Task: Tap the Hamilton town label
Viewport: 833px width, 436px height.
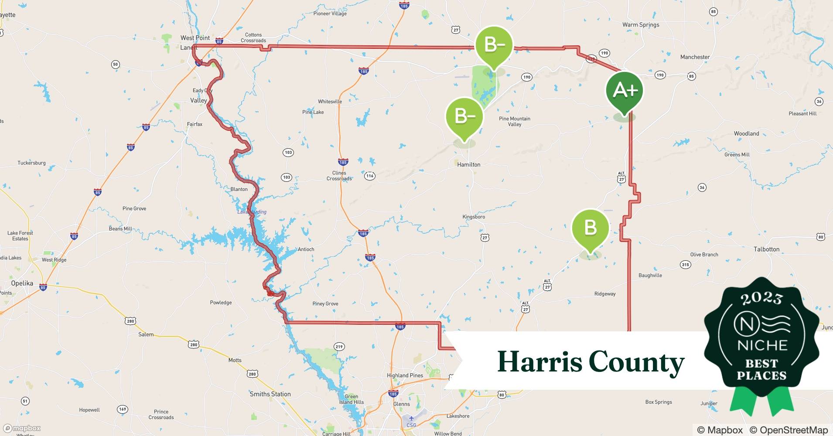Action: (468, 165)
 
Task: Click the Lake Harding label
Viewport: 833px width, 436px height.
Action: (252, 212)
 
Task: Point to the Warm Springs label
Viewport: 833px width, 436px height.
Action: (640, 25)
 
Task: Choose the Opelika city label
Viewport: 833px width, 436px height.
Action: (22, 283)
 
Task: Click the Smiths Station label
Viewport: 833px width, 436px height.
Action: (270, 394)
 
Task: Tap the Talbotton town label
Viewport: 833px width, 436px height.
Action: (766, 249)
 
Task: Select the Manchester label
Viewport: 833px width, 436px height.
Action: (695, 57)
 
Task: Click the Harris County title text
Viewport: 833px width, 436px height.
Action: (591, 362)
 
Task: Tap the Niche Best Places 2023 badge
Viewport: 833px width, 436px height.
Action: (761, 340)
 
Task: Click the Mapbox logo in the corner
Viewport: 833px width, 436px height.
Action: (22, 428)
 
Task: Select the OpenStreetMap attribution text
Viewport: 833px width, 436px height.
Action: (789, 430)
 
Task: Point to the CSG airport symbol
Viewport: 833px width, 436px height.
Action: (411, 419)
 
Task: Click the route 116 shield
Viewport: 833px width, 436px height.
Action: (370, 176)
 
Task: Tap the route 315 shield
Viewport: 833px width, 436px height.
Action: (685, 265)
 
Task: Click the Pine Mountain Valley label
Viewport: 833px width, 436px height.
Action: (515, 121)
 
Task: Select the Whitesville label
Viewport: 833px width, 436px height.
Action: (330, 102)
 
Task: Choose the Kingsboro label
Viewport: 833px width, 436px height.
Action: (474, 217)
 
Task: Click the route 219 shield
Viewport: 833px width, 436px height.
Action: (339, 347)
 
